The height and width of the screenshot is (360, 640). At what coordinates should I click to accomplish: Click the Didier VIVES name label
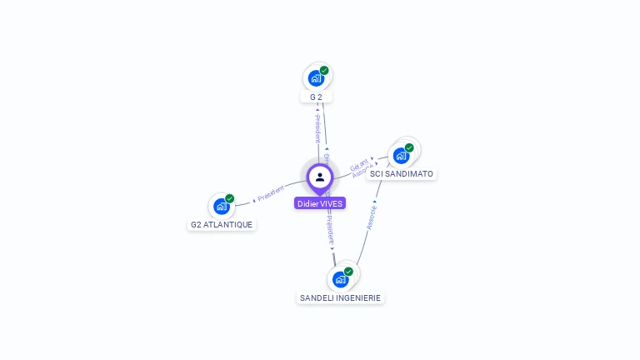319,203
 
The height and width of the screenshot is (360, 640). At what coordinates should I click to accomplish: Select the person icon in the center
319,177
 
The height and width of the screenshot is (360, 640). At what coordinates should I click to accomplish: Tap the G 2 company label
316,97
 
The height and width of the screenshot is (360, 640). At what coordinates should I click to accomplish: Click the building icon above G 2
315,78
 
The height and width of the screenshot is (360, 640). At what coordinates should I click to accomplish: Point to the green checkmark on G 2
324,70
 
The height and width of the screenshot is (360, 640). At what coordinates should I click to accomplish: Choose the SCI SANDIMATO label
401,174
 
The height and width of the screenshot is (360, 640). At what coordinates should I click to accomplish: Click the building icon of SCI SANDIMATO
401,156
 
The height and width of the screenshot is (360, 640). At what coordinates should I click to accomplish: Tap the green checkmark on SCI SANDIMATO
409,147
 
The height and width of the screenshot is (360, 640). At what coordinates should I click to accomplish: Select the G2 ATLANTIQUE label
222,224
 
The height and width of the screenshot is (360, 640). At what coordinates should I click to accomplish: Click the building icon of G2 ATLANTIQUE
221,206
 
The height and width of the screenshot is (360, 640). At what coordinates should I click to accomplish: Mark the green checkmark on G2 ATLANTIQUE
230,198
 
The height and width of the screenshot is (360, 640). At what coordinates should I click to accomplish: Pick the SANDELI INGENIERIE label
340,297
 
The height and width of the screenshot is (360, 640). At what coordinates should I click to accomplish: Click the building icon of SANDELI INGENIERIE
340,279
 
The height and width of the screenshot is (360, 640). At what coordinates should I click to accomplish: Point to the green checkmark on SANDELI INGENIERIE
348,271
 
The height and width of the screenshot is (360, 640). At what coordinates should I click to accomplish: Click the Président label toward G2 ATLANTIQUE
271,193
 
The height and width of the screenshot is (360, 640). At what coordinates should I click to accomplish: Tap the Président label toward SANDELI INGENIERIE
329,228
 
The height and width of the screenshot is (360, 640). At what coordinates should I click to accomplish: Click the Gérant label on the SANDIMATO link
358,162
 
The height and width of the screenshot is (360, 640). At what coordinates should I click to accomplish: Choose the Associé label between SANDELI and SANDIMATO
372,215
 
